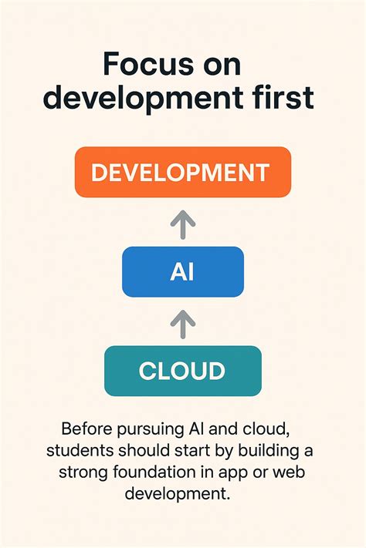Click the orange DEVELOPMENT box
(x=182, y=173)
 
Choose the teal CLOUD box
(x=182, y=371)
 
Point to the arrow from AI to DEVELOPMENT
(x=182, y=224)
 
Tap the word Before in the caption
(x=87, y=429)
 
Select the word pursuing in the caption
(x=148, y=429)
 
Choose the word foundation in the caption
(x=151, y=470)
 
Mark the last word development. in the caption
(x=182, y=492)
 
